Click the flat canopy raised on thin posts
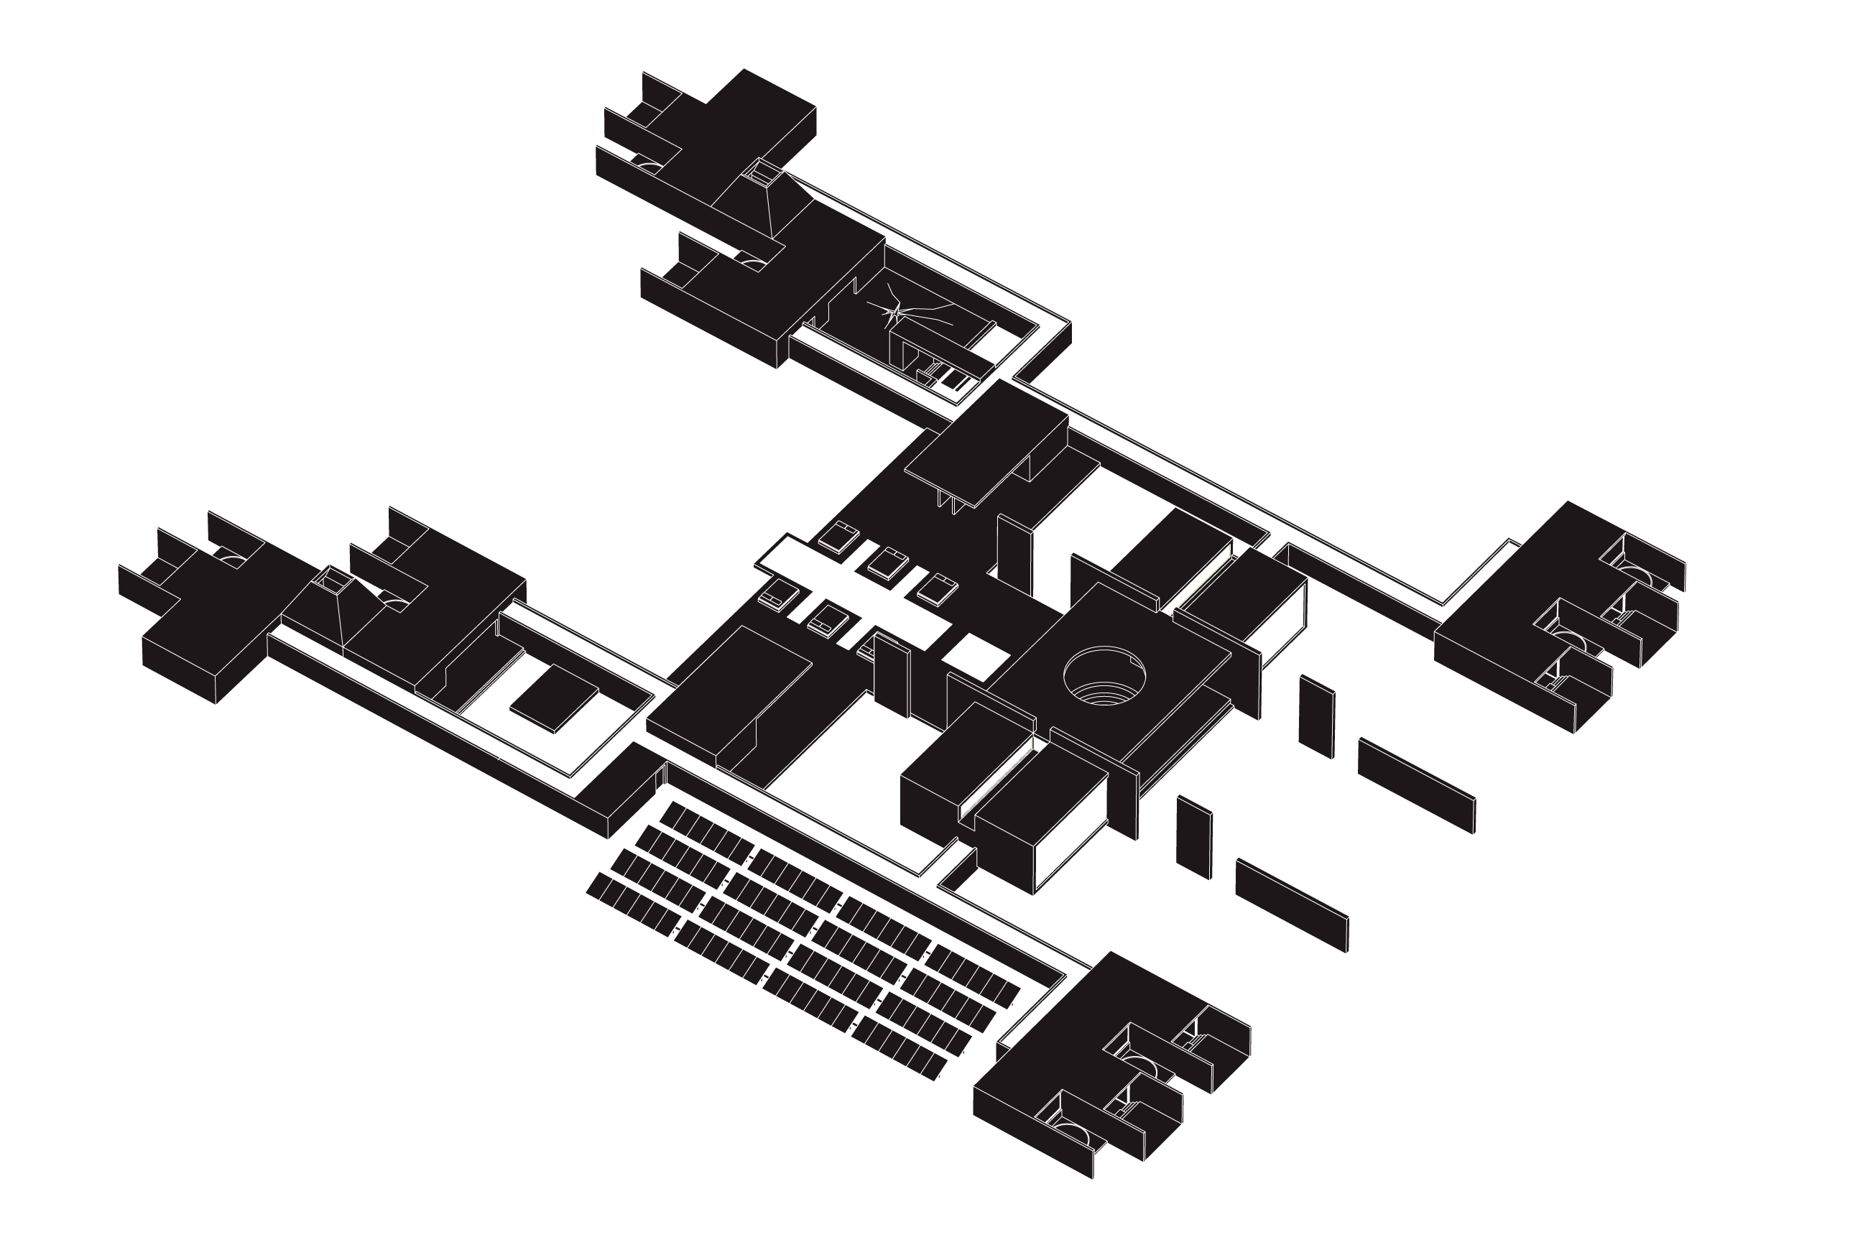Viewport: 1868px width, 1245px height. pos(984,453)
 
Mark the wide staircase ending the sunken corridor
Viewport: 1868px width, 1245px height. pos(931,635)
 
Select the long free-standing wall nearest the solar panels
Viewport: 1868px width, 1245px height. pos(1292,905)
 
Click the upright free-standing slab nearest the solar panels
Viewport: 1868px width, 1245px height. pos(1194,837)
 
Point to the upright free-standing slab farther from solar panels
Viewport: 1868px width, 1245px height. pos(1316,716)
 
